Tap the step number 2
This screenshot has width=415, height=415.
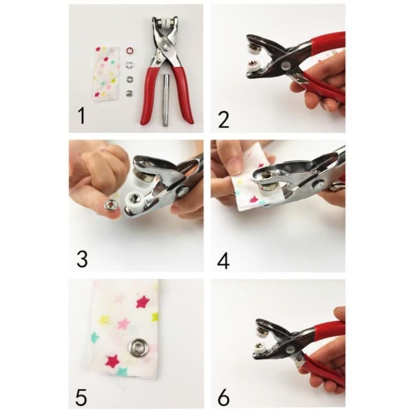pos(223,120)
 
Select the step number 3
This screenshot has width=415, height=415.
pos(82,259)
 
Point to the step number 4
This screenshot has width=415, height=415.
pos(223,260)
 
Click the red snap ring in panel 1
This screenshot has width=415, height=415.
pos(130,50)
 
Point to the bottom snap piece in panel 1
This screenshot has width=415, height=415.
pos(130,93)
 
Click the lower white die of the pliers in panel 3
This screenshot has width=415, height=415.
pos(134,200)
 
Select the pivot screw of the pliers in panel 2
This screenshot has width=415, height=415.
pos(286,65)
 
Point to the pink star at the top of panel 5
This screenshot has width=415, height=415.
pos(143,302)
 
